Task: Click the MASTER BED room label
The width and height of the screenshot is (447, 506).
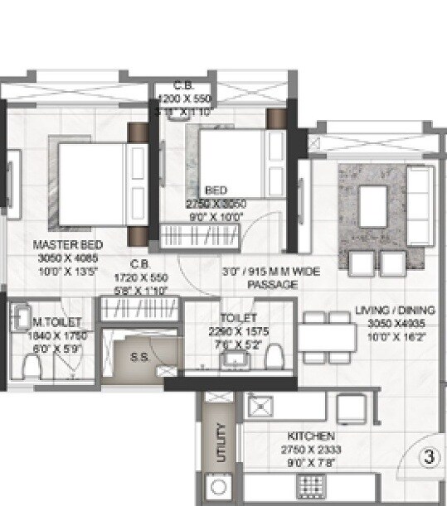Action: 68,245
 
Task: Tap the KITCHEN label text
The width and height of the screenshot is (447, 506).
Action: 311,436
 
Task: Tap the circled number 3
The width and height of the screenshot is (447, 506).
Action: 429,456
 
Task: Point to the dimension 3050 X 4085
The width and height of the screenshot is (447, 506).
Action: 68,257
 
